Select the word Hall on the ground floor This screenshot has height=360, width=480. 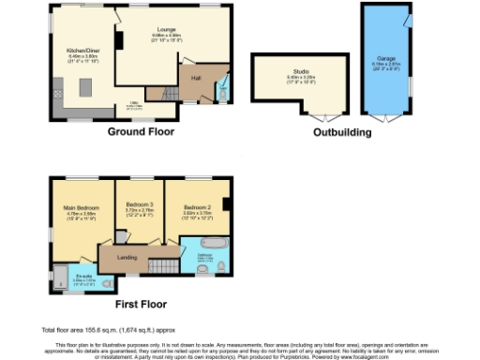pyautogui.click(x=197, y=78)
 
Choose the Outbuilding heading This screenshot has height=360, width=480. pyautogui.click(x=343, y=132)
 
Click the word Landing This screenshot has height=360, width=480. pyautogui.click(x=127, y=256)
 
